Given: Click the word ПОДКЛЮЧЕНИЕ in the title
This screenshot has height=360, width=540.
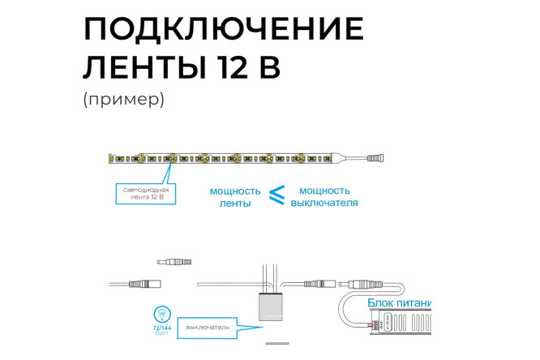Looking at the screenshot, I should coord(223,29).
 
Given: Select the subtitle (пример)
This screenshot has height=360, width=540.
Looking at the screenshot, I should coord(123,101).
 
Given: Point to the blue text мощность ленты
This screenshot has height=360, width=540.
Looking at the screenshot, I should coord(235,198).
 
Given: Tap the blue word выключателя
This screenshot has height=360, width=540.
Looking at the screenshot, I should coord(324,204).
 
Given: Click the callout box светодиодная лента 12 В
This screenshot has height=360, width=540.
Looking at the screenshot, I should coord(143,192).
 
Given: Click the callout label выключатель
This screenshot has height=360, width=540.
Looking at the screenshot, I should coord(208,328).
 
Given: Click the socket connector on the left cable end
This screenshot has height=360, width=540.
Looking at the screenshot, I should coord(149,285).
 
